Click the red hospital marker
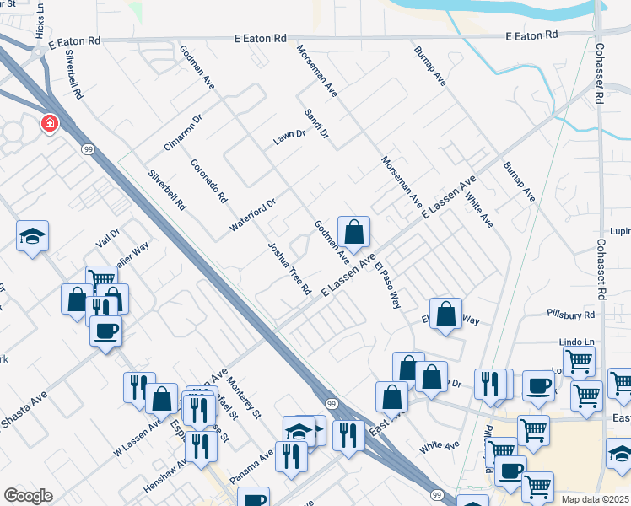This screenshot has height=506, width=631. point(50,125)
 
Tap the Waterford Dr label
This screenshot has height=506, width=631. point(253,216)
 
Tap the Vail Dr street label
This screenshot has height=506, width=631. point(109,239)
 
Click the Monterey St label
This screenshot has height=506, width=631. point(245,397)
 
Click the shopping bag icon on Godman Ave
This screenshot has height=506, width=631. point(354,232)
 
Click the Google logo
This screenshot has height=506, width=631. point(29,496)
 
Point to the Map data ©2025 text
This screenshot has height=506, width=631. point(595,499)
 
